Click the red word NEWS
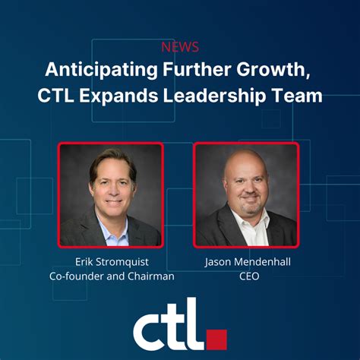tap(180, 46)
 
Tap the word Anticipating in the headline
tap(93, 71)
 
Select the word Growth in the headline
tap(261, 71)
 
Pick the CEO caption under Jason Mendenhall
tap(247, 276)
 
